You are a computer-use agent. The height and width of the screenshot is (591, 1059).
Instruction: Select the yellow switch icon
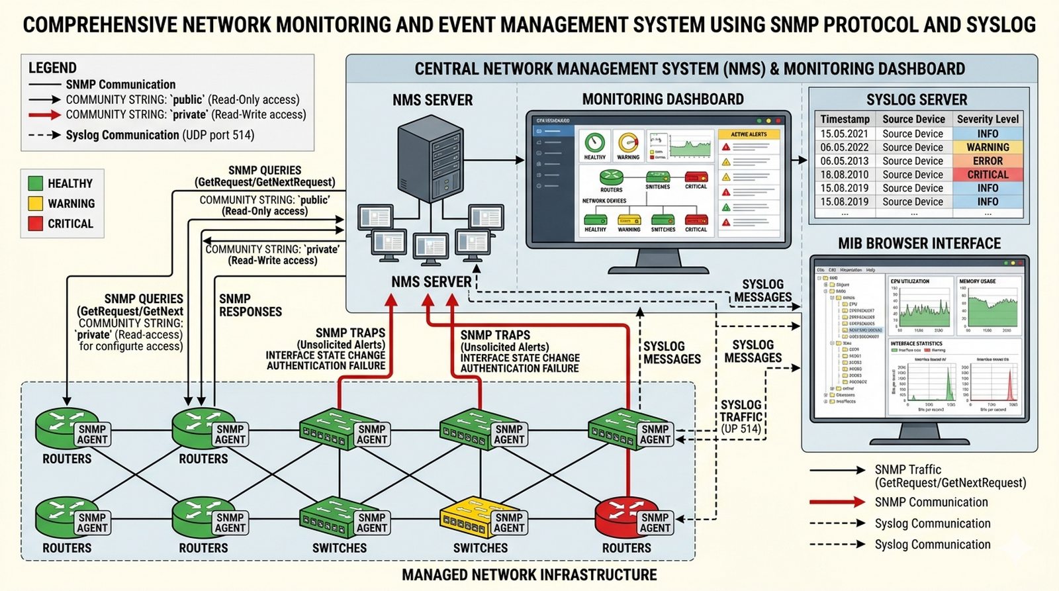pos(466,516)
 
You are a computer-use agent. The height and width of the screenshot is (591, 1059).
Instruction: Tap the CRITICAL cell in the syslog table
pos(988,175)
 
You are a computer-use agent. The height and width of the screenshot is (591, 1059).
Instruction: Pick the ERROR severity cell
pos(988,161)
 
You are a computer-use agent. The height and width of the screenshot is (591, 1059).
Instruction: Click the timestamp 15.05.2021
pos(845,134)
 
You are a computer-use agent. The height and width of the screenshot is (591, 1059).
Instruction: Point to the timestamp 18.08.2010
pos(845,175)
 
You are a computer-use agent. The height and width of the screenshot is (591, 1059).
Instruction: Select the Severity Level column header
pos(988,119)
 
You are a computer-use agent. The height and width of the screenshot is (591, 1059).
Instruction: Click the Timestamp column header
pos(845,119)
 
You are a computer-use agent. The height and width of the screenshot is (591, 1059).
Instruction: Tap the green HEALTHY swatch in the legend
pos(36,183)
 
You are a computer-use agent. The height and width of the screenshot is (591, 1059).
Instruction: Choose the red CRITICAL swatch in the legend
pos(36,224)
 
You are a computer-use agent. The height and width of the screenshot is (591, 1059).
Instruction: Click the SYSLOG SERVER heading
pos(917,100)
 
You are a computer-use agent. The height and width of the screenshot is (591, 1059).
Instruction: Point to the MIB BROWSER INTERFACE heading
pos(919,244)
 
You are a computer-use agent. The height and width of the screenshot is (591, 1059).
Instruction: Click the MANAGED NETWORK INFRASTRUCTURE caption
pos(529,575)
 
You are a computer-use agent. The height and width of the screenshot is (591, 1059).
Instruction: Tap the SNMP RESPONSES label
pos(250,305)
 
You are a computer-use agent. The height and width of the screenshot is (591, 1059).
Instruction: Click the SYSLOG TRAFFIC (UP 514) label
pos(741,416)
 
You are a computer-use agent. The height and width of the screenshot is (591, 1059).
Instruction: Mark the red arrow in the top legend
pos(45,115)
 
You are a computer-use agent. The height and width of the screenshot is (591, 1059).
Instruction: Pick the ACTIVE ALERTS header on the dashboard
pos(749,134)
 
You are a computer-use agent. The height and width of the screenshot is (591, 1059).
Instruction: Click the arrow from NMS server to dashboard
pos(506,159)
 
